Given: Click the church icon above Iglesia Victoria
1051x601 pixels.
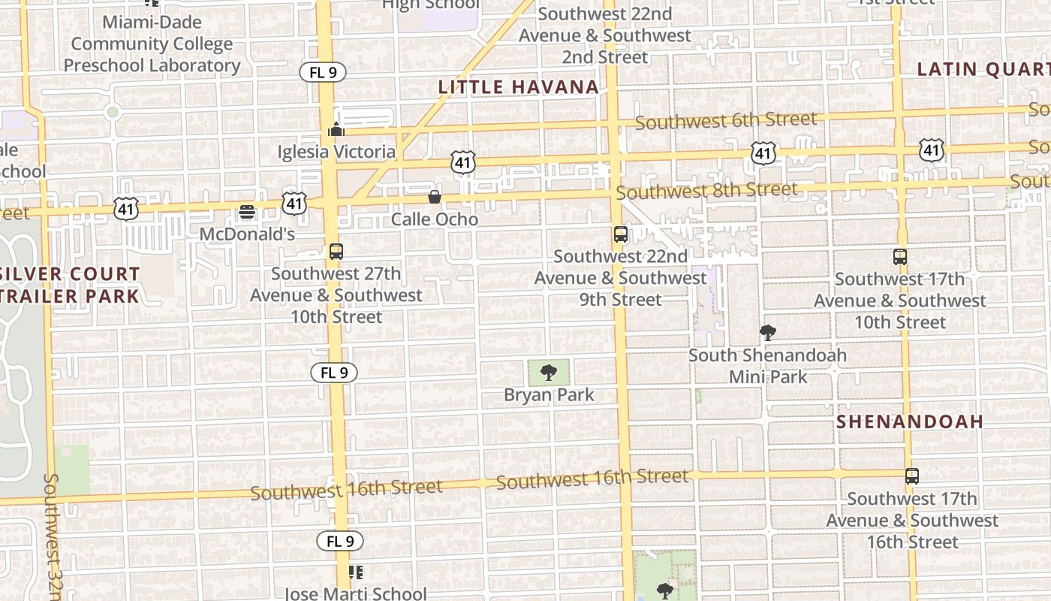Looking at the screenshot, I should [336, 129].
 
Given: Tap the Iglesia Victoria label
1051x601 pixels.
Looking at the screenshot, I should [336, 152].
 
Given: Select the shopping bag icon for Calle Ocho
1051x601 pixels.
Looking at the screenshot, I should [435, 197].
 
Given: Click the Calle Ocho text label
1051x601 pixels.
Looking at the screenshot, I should [435, 219].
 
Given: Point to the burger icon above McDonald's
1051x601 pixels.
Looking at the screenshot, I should [246, 212].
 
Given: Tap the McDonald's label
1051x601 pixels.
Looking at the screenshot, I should [246, 234].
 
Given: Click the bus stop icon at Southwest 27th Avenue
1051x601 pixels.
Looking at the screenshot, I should [336, 252].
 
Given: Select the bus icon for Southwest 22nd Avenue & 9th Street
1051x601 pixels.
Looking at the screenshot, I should [620, 234].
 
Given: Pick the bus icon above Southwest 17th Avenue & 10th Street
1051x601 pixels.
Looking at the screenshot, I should [900, 257].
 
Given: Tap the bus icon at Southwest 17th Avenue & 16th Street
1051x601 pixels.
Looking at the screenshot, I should [911, 476].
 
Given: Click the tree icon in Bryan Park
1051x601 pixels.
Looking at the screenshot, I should [549, 372].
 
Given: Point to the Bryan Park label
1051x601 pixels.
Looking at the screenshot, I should [549, 395].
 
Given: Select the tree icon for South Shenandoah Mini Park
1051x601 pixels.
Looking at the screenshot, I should [767, 333].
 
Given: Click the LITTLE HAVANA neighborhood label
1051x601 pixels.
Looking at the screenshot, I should [519, 87].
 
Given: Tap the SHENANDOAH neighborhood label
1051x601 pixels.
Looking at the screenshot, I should [910, 422].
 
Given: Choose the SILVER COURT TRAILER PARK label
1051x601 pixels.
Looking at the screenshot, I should [70, 285].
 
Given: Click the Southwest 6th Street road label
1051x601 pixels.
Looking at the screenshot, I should [726, 120].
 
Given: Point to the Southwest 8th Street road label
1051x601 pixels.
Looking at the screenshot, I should [706, 191].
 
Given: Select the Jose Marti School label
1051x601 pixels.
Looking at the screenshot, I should [355, 593].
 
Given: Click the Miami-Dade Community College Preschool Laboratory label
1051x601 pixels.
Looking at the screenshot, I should [152, 44].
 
